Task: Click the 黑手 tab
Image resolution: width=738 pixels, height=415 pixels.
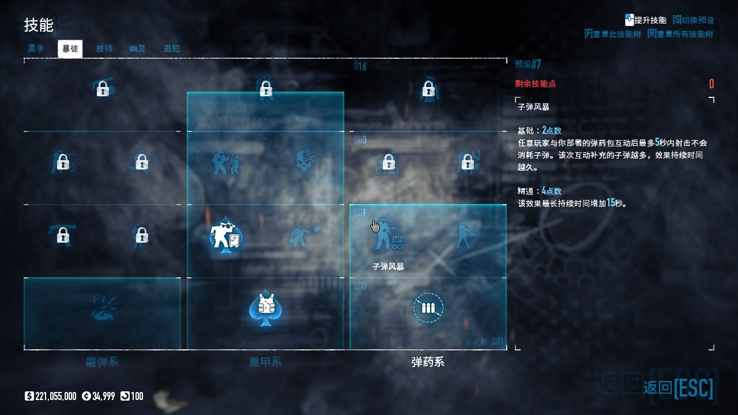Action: [36, 49]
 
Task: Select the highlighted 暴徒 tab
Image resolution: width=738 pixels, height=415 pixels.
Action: [70, 49]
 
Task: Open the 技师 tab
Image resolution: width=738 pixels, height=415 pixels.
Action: [104, 49]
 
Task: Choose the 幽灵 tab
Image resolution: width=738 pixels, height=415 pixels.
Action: [137, 49]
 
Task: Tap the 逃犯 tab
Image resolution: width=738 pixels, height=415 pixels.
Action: [171, 49]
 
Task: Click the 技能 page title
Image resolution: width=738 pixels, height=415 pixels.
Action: [39, 25]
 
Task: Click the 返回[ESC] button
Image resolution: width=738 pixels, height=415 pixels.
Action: [678, 388]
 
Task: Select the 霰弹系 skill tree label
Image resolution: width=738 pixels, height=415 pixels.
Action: [102, 363]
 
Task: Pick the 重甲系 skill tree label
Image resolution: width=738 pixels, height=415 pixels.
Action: [265, 363]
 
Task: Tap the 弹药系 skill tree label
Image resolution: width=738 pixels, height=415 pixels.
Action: [428, 363]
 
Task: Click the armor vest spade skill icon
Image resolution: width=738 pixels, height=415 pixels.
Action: [265, 308]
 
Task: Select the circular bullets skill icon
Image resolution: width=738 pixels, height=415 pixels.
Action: [428, 308]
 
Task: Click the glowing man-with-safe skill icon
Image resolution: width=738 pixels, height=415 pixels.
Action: [225, 236]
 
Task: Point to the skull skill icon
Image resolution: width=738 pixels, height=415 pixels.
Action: [305, 162]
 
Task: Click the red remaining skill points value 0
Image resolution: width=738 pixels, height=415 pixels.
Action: [711, 84]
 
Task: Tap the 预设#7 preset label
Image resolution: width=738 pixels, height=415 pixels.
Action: [528, 64]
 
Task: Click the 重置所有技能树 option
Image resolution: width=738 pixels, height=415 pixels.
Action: [680, 34]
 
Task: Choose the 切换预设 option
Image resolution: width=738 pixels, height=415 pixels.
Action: [693, 20]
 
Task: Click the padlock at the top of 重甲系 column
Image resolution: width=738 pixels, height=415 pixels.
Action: [265, 89]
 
